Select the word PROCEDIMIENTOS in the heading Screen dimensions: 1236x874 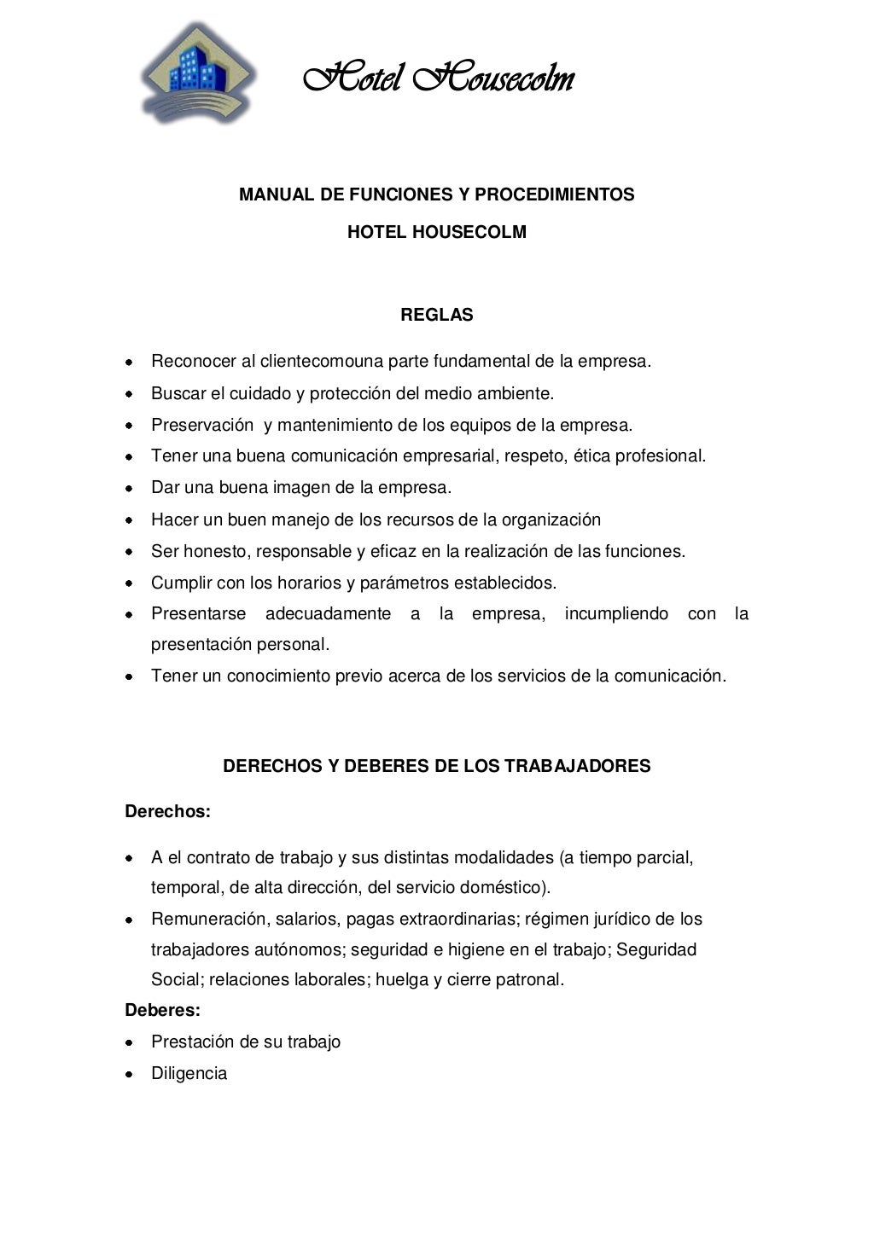click(554, 194)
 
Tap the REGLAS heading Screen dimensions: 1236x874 click(436, 315)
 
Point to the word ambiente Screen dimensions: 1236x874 click(515, 394)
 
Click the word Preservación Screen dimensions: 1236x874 click(202, 425)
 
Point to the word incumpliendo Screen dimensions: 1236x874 click(615, 614)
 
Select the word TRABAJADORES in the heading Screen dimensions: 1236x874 click(577, 766)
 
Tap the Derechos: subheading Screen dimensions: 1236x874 click(167, 811)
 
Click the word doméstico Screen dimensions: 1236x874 click(502, 888)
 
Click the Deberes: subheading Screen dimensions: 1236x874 click(162, 1011)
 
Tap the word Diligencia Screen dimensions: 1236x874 click(189, 1074)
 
